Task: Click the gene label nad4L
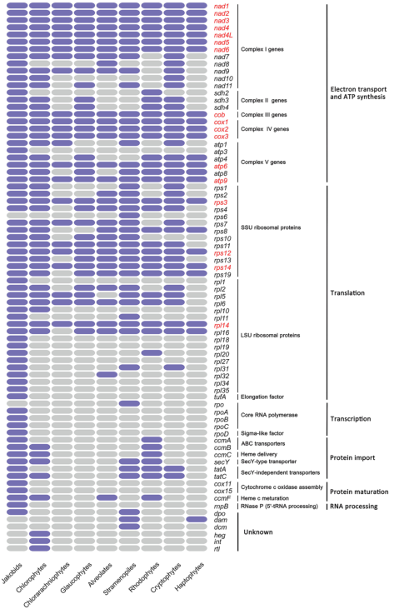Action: point(223,35)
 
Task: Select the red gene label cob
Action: point(219,115)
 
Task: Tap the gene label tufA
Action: point(220,397)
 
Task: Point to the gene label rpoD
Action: point(222,434)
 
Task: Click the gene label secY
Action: point(222,462)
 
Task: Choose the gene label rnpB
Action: point(222,507)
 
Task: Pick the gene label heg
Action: point(219,535)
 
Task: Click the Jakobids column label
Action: point(12,573)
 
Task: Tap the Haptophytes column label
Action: point(189,577)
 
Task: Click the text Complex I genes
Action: point(262,49)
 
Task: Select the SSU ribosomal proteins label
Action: point(271,227)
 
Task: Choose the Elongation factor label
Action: point(262,397)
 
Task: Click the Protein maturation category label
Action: point(359,492)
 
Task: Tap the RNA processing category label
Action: point(354,507)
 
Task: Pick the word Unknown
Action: point(257,532)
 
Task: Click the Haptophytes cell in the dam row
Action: point(197,519)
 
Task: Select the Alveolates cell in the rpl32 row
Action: point(107,374)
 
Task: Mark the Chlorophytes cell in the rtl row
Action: point(40,548)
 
